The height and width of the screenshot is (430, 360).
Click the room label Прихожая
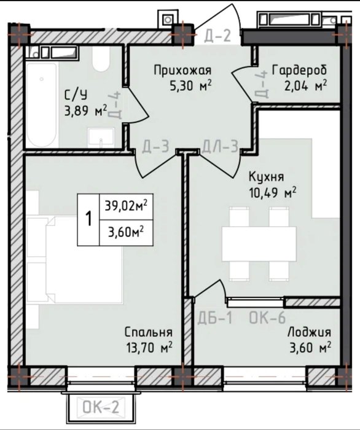coord(182,71)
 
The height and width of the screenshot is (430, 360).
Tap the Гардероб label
coord(299,70)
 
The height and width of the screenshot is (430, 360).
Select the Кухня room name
coord(266,177)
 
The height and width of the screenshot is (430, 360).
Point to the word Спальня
coord(149,332)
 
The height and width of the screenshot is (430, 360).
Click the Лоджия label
coord(309,332)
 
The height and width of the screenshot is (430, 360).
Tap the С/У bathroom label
coord(76,95)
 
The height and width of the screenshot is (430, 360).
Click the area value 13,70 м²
coord(149,348)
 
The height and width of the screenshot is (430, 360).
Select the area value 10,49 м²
coord(273,193)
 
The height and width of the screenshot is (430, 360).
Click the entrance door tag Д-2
coord(217,36)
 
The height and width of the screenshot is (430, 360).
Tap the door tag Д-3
coord(155,146)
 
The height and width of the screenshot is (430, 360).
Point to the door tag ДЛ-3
coord(220,146)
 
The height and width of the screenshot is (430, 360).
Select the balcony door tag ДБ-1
coord(215,318)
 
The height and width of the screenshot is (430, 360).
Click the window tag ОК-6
coord(267,318)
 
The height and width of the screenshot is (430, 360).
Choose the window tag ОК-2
coord(101,407)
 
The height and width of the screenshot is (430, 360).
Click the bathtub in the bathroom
coord(42,105)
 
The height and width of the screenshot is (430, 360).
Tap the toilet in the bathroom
coord(101,59)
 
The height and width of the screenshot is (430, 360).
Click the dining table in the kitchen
coord(259,244)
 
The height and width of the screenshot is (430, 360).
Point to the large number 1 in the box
coord(88,219)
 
